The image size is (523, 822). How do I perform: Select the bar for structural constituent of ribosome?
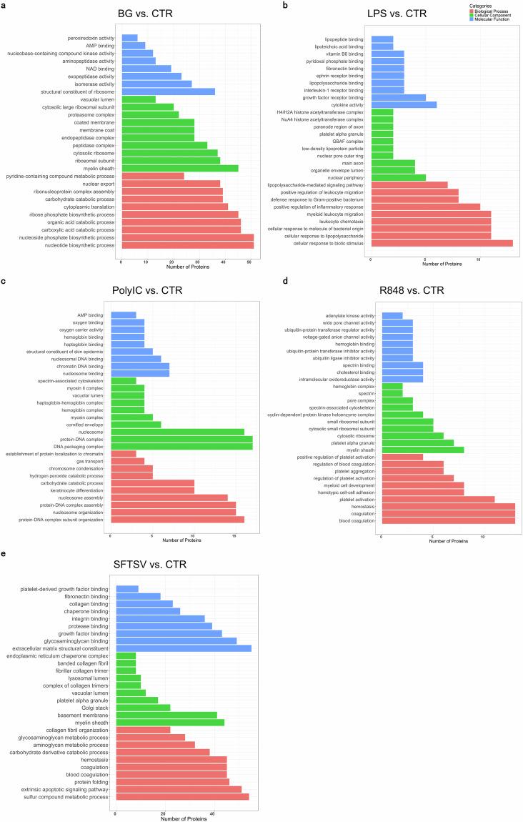[168, 91]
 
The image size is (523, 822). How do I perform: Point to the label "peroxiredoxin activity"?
[90, 37]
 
